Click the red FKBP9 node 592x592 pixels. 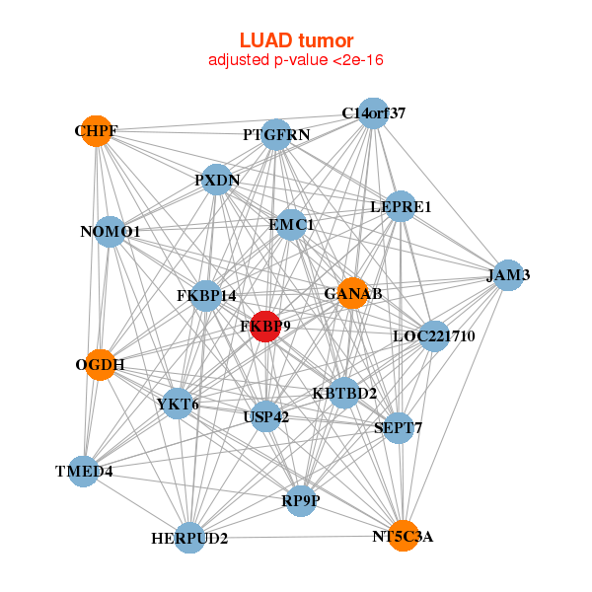tap(265, 327)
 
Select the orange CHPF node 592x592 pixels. tap(97, 131)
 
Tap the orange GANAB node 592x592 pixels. tap(352, 293)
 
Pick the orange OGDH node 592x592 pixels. tap(100, 365)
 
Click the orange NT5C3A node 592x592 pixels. tap(404, 536)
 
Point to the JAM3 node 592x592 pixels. tap(508, 275)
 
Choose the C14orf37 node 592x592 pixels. tap(373, 113)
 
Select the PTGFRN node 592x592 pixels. tap(276, 135)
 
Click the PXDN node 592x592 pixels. tap(217, 180)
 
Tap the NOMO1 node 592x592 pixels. tap(110, 232)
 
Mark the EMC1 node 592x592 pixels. tap(291, 225)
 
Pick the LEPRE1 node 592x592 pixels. tap(401, 206)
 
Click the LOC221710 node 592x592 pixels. tap(434, 336)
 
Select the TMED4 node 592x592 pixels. tap(84, 472)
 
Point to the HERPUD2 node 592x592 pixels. tap(189, 538)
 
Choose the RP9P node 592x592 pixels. tap(301, 501)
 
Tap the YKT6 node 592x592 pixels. tap(178, 404)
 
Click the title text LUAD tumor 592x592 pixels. tap(296, 40)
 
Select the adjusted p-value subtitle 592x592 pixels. tap(296, 60)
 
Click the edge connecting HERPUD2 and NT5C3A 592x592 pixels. tap(296, 537)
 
